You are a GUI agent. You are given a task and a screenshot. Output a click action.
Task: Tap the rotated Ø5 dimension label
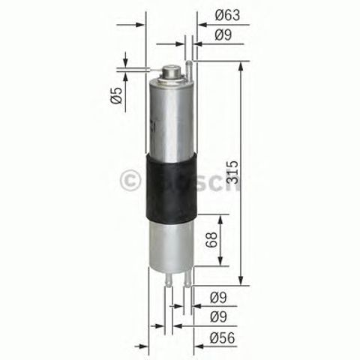[116, 97]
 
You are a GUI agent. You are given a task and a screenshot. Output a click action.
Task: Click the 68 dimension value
[211, 241]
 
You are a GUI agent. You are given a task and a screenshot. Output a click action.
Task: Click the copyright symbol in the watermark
[127, 180]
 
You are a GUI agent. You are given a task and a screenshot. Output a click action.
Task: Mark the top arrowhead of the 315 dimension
[241, 67]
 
